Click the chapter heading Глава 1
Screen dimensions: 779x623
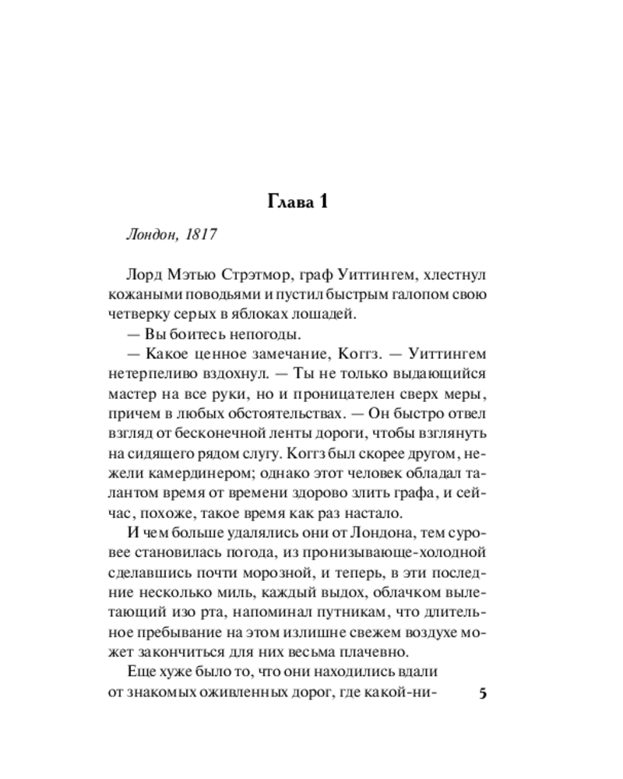[297, 202]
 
